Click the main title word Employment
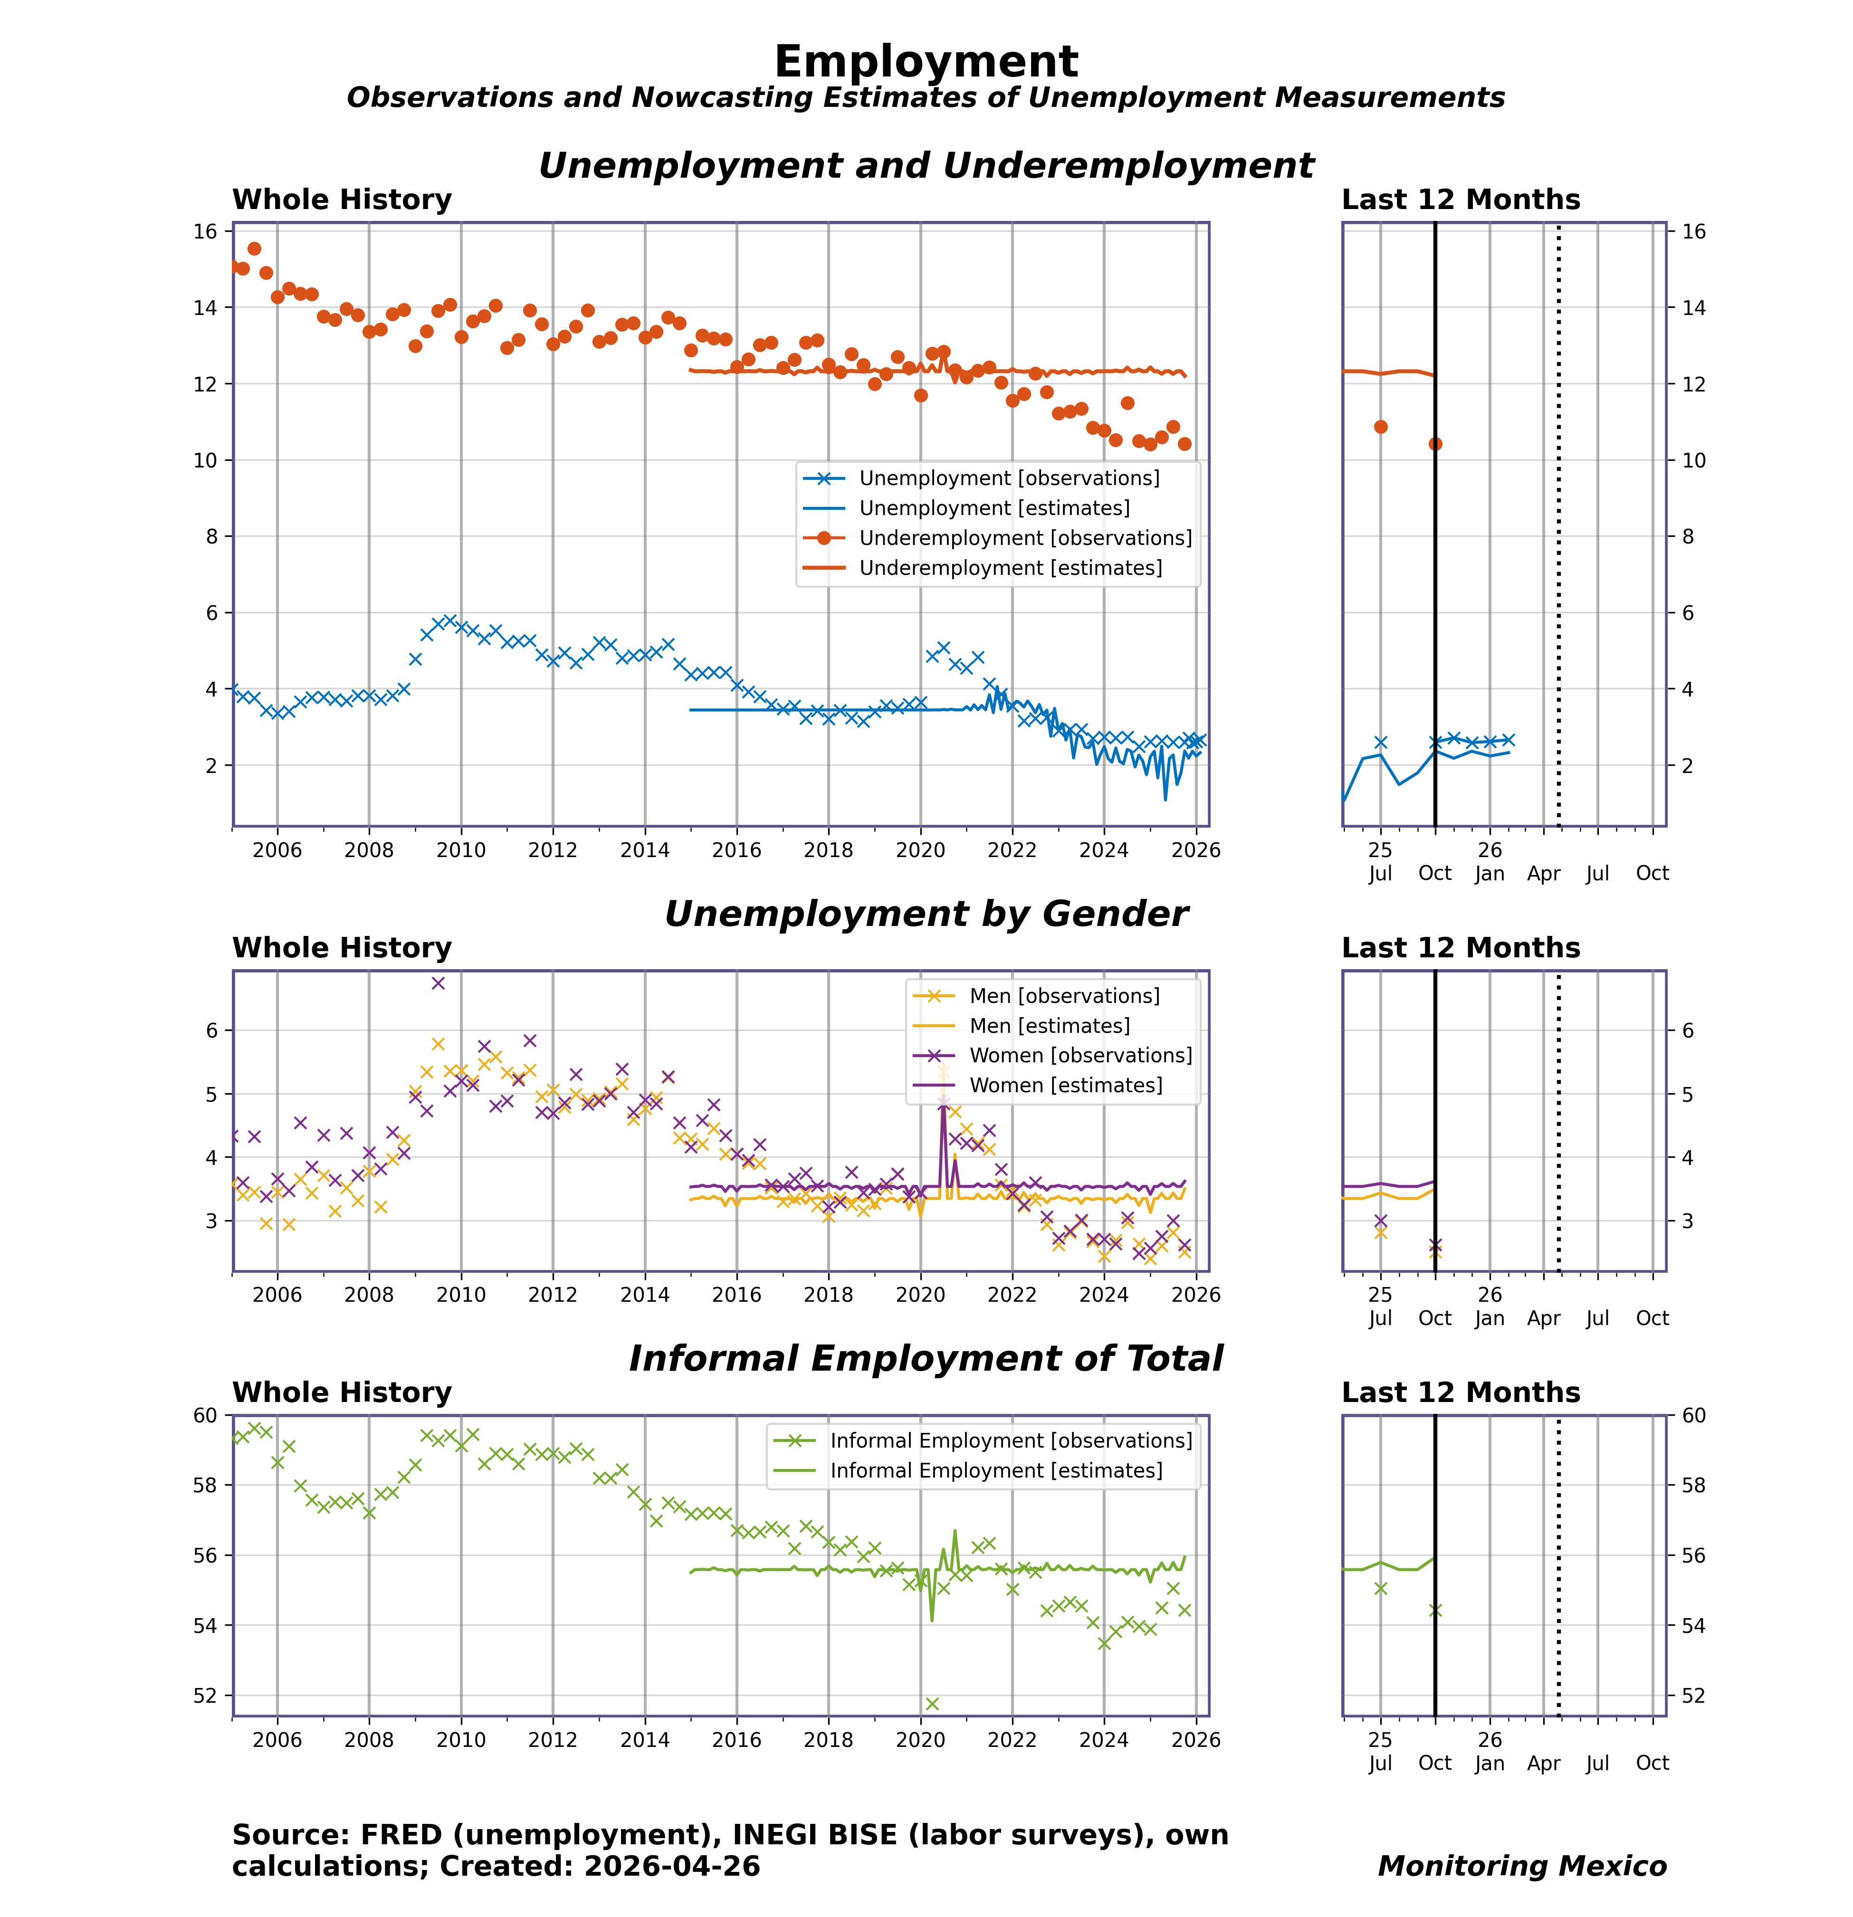(x=926, y=62)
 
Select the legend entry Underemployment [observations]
(x=1024, y=538)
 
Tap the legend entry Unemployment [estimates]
(x=994, y=507)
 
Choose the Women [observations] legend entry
(x=1080, y=1055)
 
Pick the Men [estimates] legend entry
(x=1049, y=1026)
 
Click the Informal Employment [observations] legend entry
(x=1011, y=1440)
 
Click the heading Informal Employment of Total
(x=926, y=1358)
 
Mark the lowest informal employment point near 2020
(x=931, y=1704)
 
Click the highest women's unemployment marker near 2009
(x=438, y=983)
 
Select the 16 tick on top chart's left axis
(x=205, y=232)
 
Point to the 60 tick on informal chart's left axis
(x=205, y=1415)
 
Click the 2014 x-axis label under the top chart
(x=645, y=850)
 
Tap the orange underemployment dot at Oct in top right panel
(x=1435, y=444)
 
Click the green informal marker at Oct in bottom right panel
(x=1435, y=1611)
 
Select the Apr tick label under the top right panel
(x=1544, y=873)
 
